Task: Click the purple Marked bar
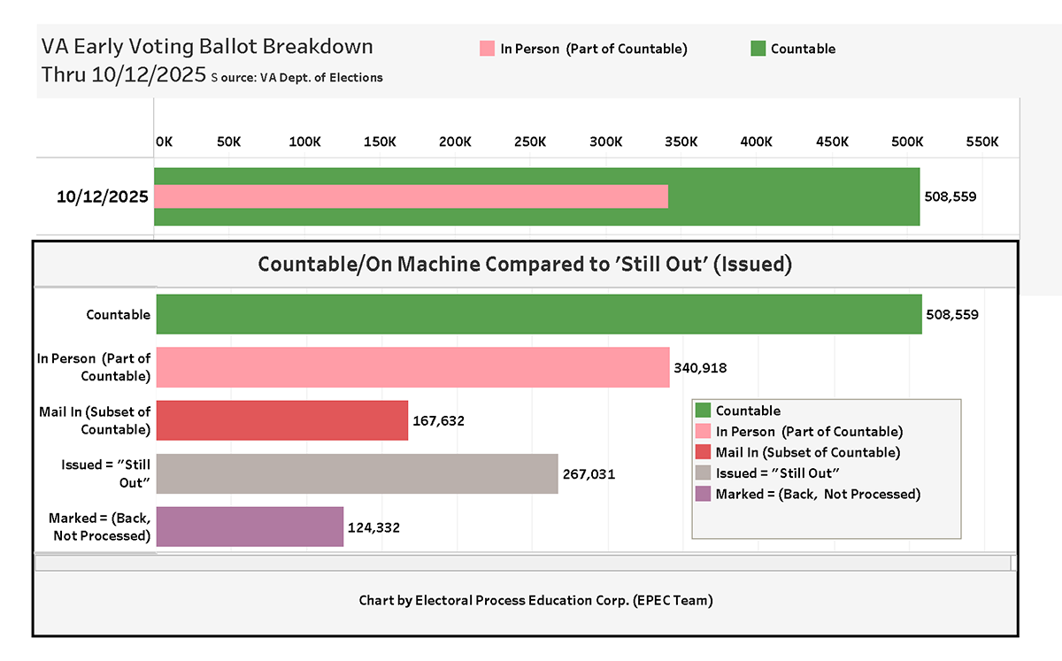pyautogui.click(x=250, y=526)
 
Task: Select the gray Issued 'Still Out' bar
pyautogui.click(x=357, y=473)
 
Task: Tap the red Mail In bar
pyautogui.click(x=282, y=420)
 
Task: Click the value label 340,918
pyautogui.click(x=700, y=368)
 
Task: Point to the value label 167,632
pyautogui.click(x=439, y=421)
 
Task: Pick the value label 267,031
pyautogui.click(x=589, y=474)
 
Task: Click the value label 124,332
pyautogui.click(x=374, y=527)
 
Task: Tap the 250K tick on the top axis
pyautogui.click(x=530, y=142)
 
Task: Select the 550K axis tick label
pyautogui.click(x=982, y=142)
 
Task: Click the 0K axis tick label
pyautogui.click(x=164, y=142)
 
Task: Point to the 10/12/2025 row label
pyautogui.click(x=103, y=196)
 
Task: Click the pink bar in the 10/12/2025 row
pyautogui.click(x=411, y=196)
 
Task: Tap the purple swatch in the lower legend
pyautogui.click(x=703, y=494)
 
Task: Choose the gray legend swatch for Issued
pyautogui.click(x=703, y=473)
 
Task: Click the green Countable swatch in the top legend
pyautogui.click(x=758, y=49)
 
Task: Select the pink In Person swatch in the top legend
pyautogui.click(x=487, y=49)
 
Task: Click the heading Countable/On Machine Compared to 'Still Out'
pyautogui.click(x=525, y=264)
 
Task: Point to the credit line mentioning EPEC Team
pyautogui.click(x=535, y=600)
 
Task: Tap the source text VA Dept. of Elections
pyautogui.click(x=321, y=78)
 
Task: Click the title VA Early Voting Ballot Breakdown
pyautogui.click(x=207, y=47)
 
